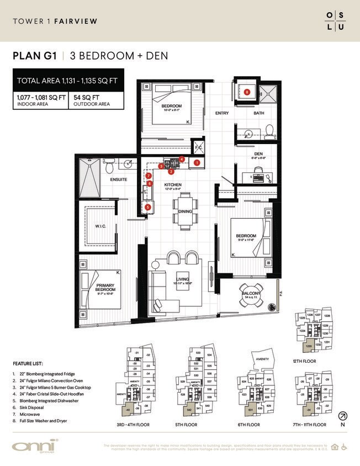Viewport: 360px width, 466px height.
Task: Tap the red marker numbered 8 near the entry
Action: pos(247,92)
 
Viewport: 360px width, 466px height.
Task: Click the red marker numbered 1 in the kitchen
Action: pos(197,162)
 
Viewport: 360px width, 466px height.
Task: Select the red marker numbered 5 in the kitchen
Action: pos(148,207)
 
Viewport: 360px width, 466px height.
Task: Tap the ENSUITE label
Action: pos(119,179)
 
